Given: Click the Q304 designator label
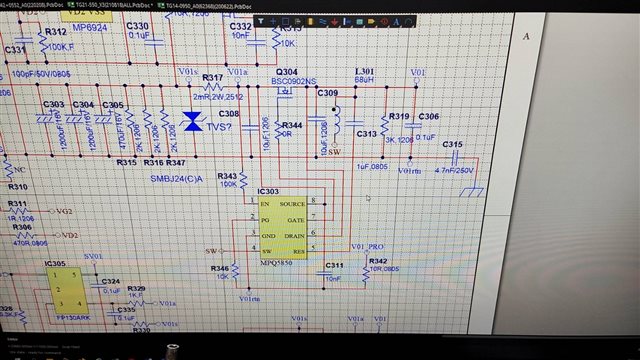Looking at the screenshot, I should pos(286,72).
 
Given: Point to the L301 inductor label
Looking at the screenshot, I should pos(365,72).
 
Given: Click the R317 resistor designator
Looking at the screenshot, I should pos(213,77).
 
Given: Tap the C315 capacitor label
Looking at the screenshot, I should pos(453,145).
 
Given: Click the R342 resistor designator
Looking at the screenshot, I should pos(378,260).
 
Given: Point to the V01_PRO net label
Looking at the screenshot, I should pos(369,246).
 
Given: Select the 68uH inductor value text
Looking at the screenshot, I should pos(365,81).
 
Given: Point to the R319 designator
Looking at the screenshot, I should pos(399,117).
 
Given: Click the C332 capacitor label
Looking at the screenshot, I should pos(241,26).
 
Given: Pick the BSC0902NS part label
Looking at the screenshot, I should pos(295,81).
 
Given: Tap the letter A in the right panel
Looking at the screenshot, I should pos(526,35).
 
